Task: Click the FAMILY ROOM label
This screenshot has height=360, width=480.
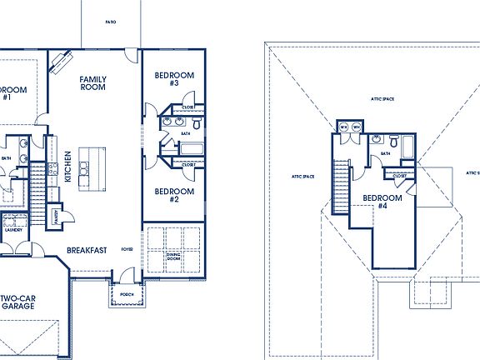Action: pos(92,82)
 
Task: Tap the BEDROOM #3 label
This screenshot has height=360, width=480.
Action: pos(174,79)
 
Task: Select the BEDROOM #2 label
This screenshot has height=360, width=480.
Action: pos(174,195)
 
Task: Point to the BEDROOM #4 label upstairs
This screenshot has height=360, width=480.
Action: pos(382,202)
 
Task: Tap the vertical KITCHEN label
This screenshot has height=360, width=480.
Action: pos(67,167)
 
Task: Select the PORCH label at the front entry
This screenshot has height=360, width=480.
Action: pos(127,293)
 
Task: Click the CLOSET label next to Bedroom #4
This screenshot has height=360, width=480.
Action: pos(400,176)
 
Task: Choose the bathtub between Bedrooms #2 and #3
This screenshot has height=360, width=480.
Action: pos(191,151)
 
